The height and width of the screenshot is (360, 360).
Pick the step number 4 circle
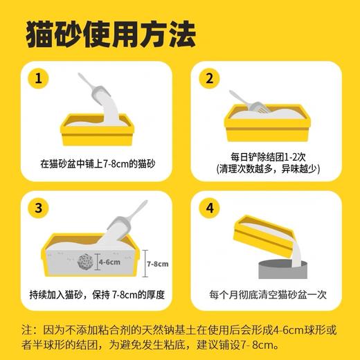[209, 208]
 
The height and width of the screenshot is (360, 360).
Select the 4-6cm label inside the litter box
[108, 262]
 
